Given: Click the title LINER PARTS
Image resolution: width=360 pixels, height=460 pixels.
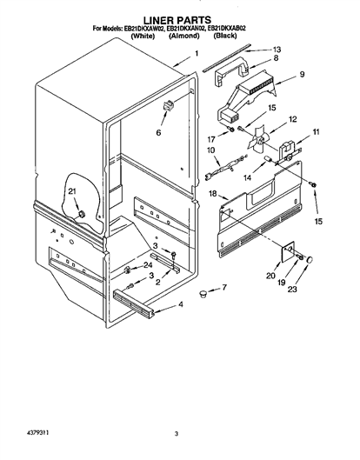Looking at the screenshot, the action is point(177,20).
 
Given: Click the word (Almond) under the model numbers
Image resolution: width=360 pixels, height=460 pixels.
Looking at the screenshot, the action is point(184,36).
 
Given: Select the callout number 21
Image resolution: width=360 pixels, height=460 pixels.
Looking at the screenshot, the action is point(72,191).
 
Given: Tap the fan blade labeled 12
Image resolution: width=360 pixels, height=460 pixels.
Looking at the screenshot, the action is point(258,137).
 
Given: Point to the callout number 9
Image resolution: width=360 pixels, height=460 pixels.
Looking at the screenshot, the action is point(302,74).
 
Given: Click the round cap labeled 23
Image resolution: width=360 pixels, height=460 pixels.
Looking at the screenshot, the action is point(310,259).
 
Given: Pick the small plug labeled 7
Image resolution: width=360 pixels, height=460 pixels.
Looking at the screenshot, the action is point(203,293).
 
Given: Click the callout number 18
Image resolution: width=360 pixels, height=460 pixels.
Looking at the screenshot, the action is point(213,194).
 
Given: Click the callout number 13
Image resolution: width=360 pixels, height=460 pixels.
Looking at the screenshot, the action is point(277,50).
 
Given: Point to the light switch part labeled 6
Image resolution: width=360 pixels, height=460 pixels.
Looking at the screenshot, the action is point(168,104).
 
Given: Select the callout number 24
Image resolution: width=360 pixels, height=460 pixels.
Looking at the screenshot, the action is point(148,265).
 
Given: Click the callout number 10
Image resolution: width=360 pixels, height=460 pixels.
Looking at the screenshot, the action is point(210,150).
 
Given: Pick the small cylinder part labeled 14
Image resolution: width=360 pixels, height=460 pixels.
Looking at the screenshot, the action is point(268,159).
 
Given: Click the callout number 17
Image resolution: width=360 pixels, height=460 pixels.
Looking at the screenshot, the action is point(211,139).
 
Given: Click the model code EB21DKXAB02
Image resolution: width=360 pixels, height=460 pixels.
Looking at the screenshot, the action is point(226,29).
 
